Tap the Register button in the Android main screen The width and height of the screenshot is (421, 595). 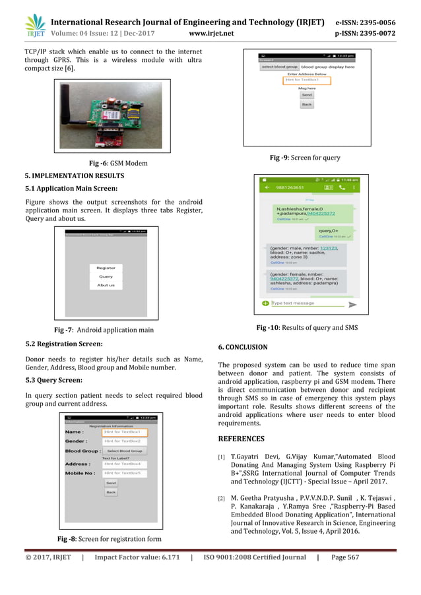(x=106, y=268)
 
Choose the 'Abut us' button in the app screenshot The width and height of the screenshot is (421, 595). (x=106, y=286)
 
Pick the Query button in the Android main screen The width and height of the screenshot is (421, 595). (x=106, y=277)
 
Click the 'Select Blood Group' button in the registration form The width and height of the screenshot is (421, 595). (x=124, y=451)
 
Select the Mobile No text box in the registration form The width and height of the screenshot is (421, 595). (x=125, y=473)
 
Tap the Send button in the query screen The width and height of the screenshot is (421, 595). (x=306, y=95)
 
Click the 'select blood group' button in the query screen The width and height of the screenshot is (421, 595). (x=278, y=67)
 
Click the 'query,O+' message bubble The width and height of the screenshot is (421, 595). (x=334, y=232)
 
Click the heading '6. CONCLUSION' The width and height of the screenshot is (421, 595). (x=242, y=347)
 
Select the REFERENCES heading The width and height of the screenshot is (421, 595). (x=241, y=439)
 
